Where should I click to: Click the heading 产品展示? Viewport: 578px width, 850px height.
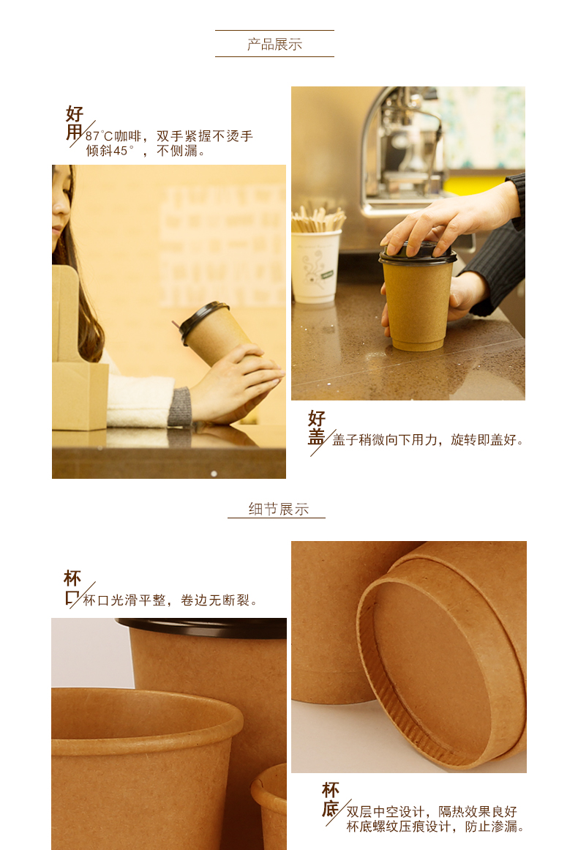click(x=274, y=44)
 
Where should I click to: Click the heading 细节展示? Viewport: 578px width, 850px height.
click(x=279, y=509)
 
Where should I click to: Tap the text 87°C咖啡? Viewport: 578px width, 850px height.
click(x=113, y=136)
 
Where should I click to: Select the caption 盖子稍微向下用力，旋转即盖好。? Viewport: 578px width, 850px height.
click(x=429, y=439)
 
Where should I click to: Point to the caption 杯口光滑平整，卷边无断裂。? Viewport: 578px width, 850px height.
click(x=170, y=600)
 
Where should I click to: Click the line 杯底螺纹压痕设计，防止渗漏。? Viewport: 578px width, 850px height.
click(x=435, y=826)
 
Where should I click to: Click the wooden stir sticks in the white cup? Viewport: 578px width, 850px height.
click(x=317, y=218)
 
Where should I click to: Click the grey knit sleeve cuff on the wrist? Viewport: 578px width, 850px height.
click(x=181, y=406)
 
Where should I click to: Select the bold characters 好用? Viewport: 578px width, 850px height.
click(x=74, y=123)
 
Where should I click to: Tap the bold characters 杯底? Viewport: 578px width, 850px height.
click(x=331, y=799)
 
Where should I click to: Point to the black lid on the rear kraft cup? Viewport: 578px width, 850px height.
click(x=201, y=627)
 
